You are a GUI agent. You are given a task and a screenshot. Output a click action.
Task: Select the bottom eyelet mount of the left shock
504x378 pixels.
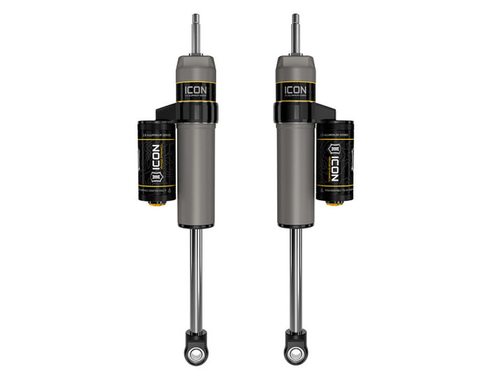195,346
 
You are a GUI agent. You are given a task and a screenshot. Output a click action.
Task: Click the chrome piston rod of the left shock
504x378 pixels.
195,280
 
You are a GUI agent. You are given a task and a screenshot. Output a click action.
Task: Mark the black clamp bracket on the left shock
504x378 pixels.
168,112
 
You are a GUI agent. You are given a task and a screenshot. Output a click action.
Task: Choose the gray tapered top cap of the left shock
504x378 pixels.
195,68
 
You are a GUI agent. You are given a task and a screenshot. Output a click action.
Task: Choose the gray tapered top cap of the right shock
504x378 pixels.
295,68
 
